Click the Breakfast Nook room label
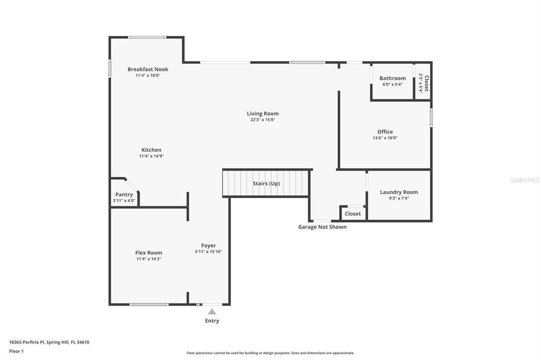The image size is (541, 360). click(x=148, y=69)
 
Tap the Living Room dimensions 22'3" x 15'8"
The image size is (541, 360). click(x=263, y=120)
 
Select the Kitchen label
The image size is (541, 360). click(x=151, y=150)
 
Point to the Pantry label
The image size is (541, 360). click(x=124, y=194)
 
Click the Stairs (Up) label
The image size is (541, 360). click(x=266, y=184)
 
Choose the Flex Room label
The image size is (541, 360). click(x=148, y=253)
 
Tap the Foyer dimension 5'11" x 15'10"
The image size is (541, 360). click(x=208, y=252)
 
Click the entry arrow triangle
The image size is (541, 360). click(x=212, y=312)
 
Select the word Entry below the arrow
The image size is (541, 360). click(x=212, y=321)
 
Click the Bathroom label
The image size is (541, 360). click(x=393, y=78)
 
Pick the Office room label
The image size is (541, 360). click(x=385, y=132)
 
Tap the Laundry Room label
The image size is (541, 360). click(x=399, y=192)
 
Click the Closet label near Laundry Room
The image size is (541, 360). click(x=352, y=214)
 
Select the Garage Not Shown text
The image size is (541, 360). click(x=322, y=227)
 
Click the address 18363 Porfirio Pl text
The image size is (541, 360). click(x=49, y=342)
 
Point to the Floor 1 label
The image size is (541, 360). click(x=16, y=351)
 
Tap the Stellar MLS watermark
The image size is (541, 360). click(x=525, y=180)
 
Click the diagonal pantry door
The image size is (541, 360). click(x=132, y=185)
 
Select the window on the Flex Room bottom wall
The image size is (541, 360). click(x=149, y=304)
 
